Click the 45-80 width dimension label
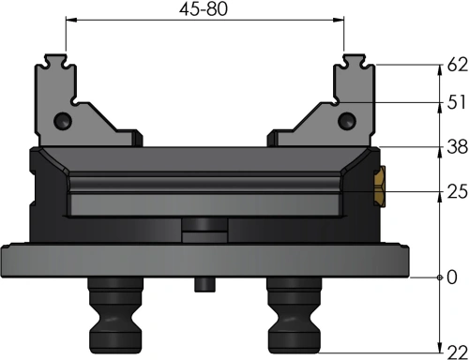(x=204, y=8)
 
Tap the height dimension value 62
(x=458, y=65)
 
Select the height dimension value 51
(x=457, y=102)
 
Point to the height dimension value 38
(x=458, y=146)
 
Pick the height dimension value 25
(x=458, y=191)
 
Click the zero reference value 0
(x=452, y=277)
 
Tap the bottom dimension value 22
(x=458, y=352)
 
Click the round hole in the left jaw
(x=63, y=121)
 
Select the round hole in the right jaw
(x=347, y=121)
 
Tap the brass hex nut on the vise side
(x=380, y=187)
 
